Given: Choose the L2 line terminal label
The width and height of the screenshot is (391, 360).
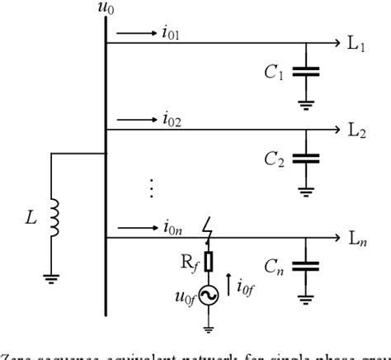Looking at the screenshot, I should pos(356,130).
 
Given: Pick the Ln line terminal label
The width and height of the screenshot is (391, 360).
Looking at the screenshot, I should pos(356,239).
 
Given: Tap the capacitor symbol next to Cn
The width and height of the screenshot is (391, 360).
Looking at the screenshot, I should pos(306,268).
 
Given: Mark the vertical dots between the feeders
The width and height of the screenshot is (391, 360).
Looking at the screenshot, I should pos(151,187).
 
